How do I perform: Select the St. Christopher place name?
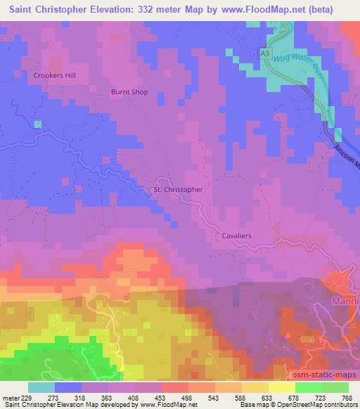(178, 190)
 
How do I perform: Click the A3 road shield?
(264, 53)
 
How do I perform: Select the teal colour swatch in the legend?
(41, 388)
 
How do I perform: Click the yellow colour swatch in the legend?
(281, 388)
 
